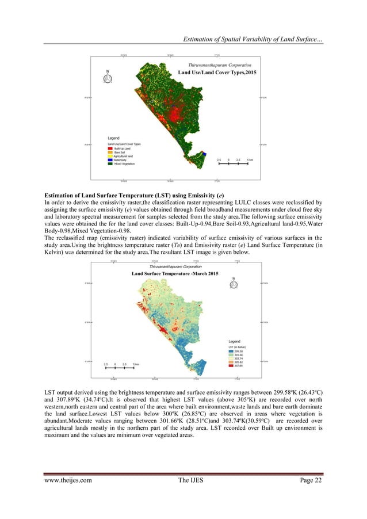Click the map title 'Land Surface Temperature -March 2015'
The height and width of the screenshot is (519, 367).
[175, 273]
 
